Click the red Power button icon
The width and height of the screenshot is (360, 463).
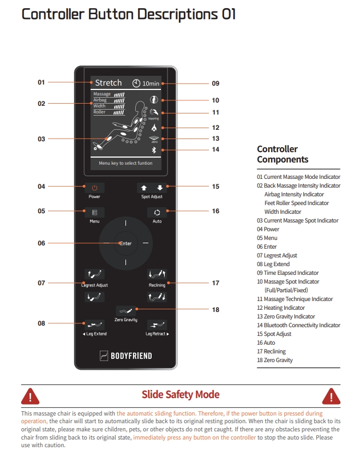point(94,188)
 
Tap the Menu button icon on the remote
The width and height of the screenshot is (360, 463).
point(94,213)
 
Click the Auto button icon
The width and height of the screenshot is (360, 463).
point(157,213)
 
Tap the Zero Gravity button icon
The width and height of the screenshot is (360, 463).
point(126,311)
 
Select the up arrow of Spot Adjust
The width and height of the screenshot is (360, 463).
point(144,188)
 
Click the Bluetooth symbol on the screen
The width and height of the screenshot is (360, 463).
point(154,150)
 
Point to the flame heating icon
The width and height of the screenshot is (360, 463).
point(154,128)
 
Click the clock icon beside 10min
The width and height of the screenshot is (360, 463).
point(136,83)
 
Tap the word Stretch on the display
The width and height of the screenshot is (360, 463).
point(109,83)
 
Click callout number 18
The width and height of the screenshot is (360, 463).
point(215,310)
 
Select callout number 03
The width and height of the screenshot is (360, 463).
point(41,139)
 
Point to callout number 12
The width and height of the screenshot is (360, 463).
point(215,128)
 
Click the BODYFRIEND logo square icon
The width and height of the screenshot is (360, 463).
point(104,356)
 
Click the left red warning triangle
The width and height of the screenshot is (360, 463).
point(30,396)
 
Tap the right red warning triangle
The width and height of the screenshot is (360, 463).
point(331,396)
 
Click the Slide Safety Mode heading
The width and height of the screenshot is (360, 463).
point(181,395)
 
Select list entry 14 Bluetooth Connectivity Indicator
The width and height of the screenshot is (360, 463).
point(298,325)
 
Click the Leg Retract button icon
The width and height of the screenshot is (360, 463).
point(157,325)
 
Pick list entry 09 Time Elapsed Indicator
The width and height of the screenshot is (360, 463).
point(287,273)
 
